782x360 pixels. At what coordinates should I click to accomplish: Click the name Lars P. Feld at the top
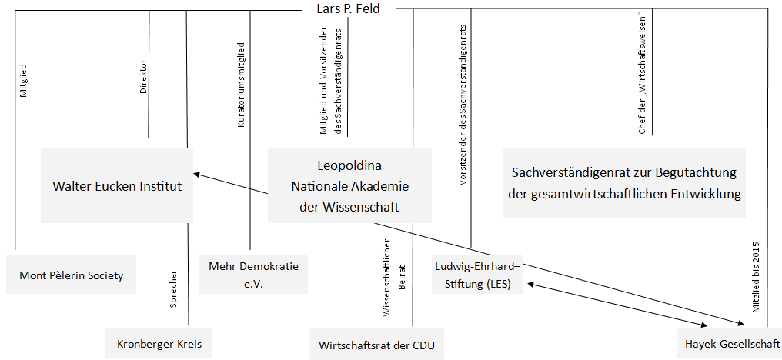(x=348, y=8)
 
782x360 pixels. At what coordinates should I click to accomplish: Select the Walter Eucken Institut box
(x=117, y=185)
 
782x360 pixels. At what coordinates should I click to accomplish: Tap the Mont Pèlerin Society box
(x=72, y=275)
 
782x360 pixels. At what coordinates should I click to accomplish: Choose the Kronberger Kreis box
(x=159, y=344)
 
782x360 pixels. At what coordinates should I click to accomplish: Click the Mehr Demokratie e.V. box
(x=253, y=275)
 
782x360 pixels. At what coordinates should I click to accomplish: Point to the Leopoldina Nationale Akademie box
(x=349, y=185)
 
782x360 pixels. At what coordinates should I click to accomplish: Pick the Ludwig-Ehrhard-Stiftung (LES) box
(x=478, y=275)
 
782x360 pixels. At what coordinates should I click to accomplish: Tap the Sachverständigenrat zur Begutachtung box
(x=624, y=182)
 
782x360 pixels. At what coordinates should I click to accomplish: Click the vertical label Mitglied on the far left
(x=23, y=80)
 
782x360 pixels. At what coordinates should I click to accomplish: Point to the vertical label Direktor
(x=143, y=77)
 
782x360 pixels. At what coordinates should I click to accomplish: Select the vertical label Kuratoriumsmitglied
(x=242, y=92)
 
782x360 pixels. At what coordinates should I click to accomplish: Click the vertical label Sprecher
(x=174, y=289)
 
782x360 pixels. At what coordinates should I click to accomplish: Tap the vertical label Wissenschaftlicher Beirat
(x=393, y=278)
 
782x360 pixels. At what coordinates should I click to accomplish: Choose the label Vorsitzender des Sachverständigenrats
(x=463, y=104)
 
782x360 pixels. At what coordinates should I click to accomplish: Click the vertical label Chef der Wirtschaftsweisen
(x=643, y=78)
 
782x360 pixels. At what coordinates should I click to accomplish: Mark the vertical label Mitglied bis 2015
(x=756, y=277)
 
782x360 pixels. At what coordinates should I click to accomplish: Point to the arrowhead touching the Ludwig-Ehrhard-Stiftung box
(x=531, y=284)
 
